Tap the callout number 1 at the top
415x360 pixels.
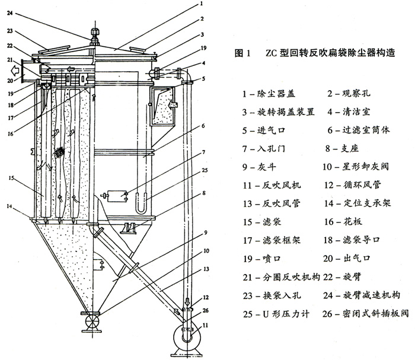coord(201,5)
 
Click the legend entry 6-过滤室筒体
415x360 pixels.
coord(362,129)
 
